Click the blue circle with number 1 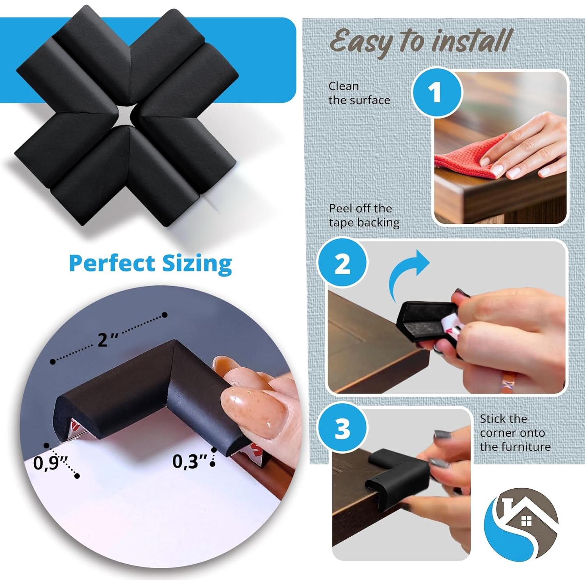[437, 92]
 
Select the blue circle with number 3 [342, 429]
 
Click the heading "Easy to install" [420, 42]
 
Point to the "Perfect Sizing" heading [150, 263]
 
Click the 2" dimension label [107, 339]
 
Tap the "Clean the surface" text [359, 93]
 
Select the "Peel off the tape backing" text [364, 215]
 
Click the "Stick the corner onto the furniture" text [515, 433]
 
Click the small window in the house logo [526, 520]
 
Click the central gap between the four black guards [126, 115]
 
